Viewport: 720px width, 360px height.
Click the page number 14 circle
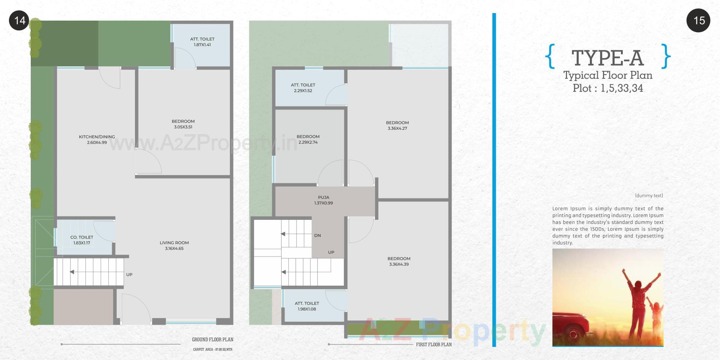tap(19, 20)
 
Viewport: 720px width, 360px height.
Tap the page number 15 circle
tap(699, 20)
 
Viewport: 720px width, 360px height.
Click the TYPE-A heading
tap(607, 58)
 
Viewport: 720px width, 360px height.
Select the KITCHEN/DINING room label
tap(97, 137)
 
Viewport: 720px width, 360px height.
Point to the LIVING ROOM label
tap(174, 243)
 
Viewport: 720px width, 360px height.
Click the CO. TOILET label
tap(82, 237)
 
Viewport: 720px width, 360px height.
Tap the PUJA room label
tap(323, 197)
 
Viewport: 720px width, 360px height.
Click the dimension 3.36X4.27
tap(397, 128)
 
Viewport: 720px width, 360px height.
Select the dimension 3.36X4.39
tap(399, 264)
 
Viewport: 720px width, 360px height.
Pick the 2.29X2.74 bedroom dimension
tap(308, 142)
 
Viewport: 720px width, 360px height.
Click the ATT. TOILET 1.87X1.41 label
tap(202, 42)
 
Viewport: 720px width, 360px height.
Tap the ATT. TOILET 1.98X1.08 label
tap(307, 306)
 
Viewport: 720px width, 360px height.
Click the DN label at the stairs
tap(317, 235)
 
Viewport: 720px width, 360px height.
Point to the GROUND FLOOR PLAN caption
tap(213, 340)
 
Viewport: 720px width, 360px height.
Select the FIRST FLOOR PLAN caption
tap(433, 344)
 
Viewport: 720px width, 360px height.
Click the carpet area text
tap(213, 349)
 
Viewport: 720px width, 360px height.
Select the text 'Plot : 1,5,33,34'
tap(607, 88)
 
